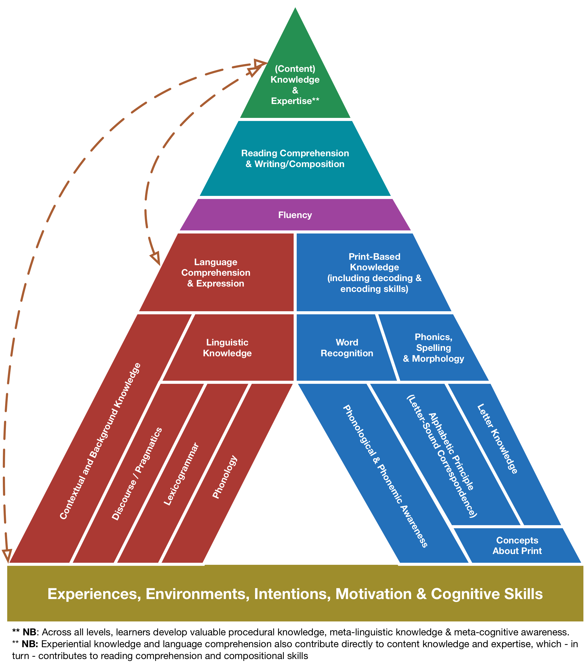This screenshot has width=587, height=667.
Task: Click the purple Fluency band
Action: click(x=295, y=215)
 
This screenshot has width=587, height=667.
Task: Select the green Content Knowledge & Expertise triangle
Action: click(x=295, y=85)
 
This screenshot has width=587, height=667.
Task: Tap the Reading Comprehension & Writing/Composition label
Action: click(x=295, y=159)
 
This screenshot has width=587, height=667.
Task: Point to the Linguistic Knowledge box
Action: click(x=227, y=348)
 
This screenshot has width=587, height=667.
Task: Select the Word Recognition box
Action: click(x=347, y=348)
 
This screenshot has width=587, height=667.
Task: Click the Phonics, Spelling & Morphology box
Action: click(x=434, y=348)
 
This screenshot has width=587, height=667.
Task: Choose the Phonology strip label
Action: click(x=225, y=477)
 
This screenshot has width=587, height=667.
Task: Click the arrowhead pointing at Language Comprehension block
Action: click(x=156, y=258)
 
